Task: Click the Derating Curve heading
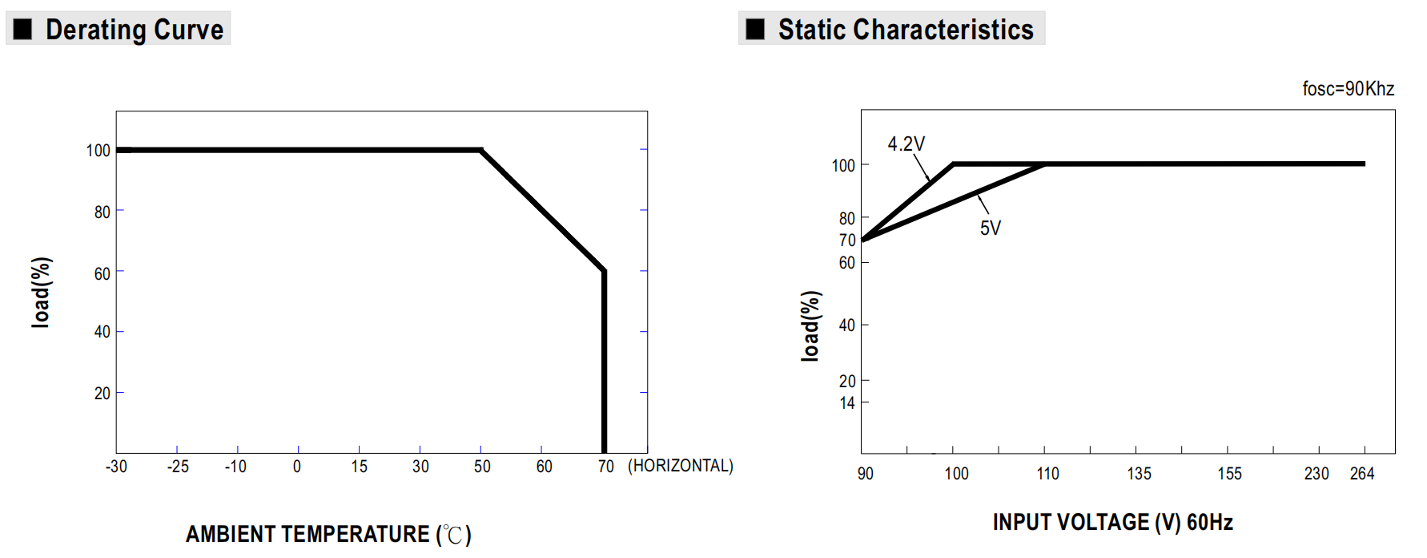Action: (134, 30)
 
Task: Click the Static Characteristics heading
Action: (905, 30)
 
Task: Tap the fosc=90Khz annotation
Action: (1348, 89)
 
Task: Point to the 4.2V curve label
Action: (906, 144)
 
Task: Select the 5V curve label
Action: (990, 228)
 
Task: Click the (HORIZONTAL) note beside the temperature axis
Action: (680, 466)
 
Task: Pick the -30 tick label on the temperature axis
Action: (116, 467)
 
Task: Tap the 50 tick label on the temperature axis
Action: (482, 467)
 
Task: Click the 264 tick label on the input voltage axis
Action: (1361, 474)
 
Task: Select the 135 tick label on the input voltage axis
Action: (1139, 474)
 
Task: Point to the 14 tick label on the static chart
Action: (846, 403)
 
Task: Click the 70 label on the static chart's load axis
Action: (846, 241)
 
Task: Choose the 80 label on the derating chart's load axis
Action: (102, 212)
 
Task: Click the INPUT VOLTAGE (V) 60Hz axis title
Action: (1112, 523)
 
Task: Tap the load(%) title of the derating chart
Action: (41, 293)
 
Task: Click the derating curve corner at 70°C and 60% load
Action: (604, 271)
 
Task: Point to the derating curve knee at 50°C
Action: (481, 150)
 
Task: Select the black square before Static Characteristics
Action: (755, 30)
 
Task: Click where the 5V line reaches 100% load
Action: (1044, 164)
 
